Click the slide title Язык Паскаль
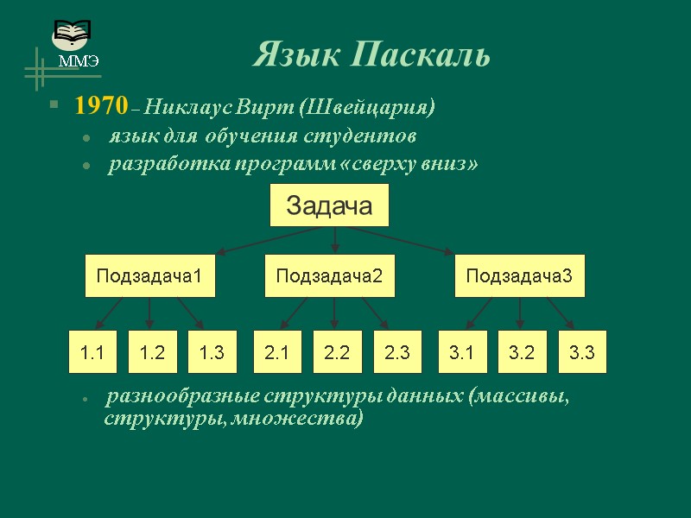point(371,55)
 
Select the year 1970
point(100,106)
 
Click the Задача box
point(329,205)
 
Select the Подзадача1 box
point(149,276)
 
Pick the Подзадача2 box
point(328,276)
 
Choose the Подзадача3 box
point(519,276)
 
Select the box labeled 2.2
point(336,352)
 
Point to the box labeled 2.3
point(396,352)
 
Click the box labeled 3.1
point(462,352)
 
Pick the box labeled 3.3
point(582,352)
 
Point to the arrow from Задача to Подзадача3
point(402,240)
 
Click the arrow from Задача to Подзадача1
point(268,240)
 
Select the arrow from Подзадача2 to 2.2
point(335,313)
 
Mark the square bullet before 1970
point(54,106)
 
